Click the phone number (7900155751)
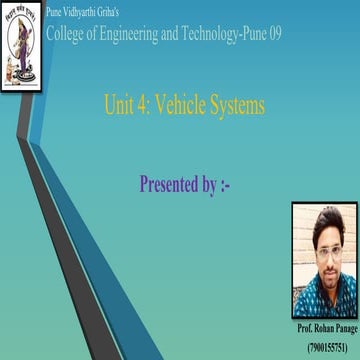click(322, 344)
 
